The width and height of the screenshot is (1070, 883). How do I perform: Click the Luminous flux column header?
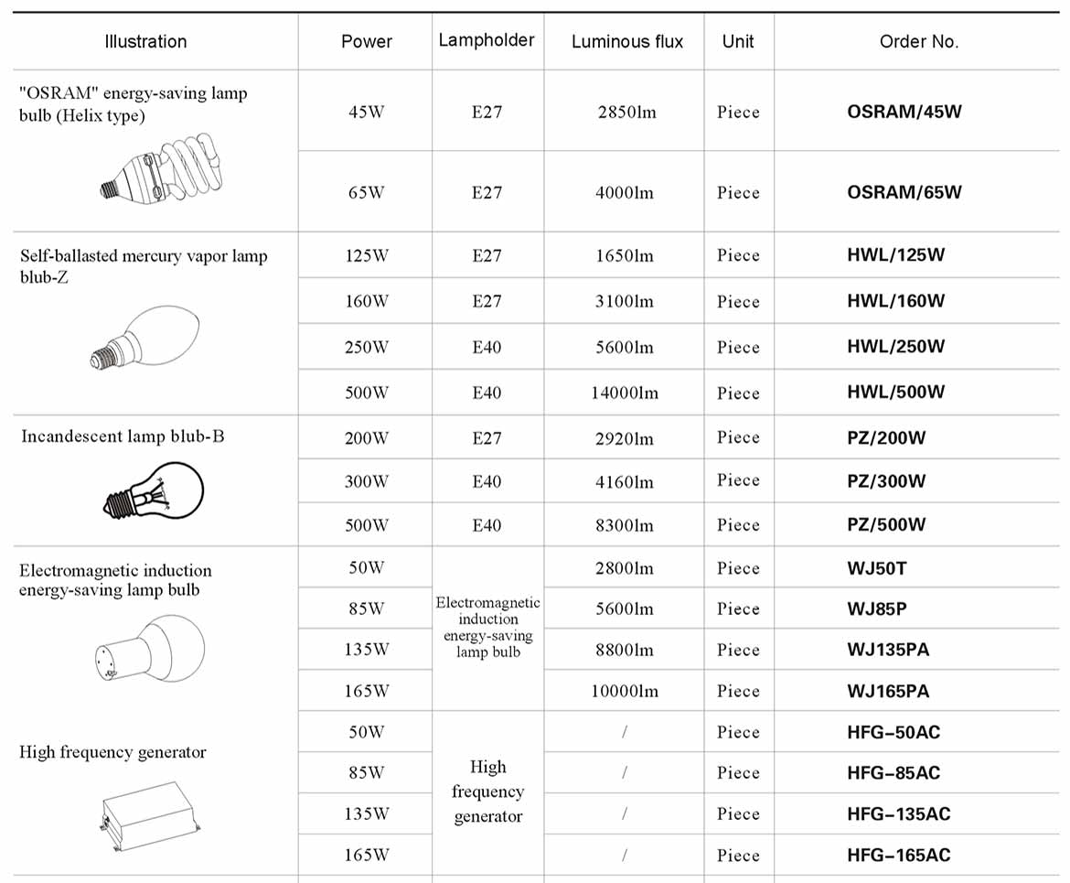pyautogui.click(x=626, y=42)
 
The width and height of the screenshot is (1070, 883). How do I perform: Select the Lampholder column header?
pyautogui.click(x=487, y=40)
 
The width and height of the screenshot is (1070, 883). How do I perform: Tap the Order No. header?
pyautogui.click(x=918, y=42)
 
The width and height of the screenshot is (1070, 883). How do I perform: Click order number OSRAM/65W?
pyautogui.click(x=904, y=193)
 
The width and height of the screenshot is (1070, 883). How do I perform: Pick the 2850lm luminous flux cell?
pyautogui.click(x=626, y=113)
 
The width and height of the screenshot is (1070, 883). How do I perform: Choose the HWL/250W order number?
pyautogui.click(x=895, y=348)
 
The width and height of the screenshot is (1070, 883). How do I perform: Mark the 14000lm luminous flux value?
pyautogui.click(x=625, y=393)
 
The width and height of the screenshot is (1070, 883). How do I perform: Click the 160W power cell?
pyautogui.click(x=366, y=302)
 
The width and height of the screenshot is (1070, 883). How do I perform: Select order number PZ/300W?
pyautogui.click(x=886, y=481)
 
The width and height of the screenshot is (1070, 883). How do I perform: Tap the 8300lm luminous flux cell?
pyautogui.click(x=625, y=526)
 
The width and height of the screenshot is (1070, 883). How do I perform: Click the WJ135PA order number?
pyautogui.click(x=888, y=651)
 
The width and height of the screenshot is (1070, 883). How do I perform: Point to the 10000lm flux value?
pyautogui.click(x=625, y=692)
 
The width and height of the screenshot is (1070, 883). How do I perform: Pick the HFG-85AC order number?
pyautogui.click(x=893, y=773)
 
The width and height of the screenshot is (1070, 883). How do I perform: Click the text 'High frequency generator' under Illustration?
pyautogui.click(x=113, y=752)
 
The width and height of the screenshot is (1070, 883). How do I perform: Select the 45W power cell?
pyautogui.click(x=366, y=113)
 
